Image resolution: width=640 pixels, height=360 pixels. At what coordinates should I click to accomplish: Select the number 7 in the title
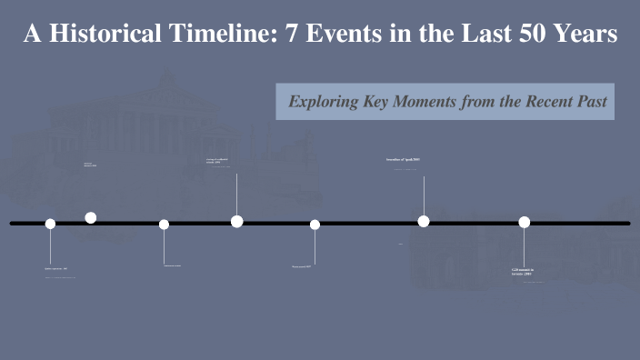(293, 35)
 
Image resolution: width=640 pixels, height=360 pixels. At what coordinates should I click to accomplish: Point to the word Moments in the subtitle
(432, 102)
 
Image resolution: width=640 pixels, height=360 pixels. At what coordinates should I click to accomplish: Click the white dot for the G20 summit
(525, 222)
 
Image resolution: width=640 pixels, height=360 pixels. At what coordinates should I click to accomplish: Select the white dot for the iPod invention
(424, 221)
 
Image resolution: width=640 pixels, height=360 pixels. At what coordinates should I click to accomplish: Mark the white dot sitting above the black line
(91, 217)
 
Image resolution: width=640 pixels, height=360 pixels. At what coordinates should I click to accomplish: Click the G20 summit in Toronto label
(523, 271)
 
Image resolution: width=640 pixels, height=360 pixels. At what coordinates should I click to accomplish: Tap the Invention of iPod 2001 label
(403, 159)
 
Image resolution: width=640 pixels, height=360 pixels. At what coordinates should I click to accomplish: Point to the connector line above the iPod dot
(424, 195)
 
